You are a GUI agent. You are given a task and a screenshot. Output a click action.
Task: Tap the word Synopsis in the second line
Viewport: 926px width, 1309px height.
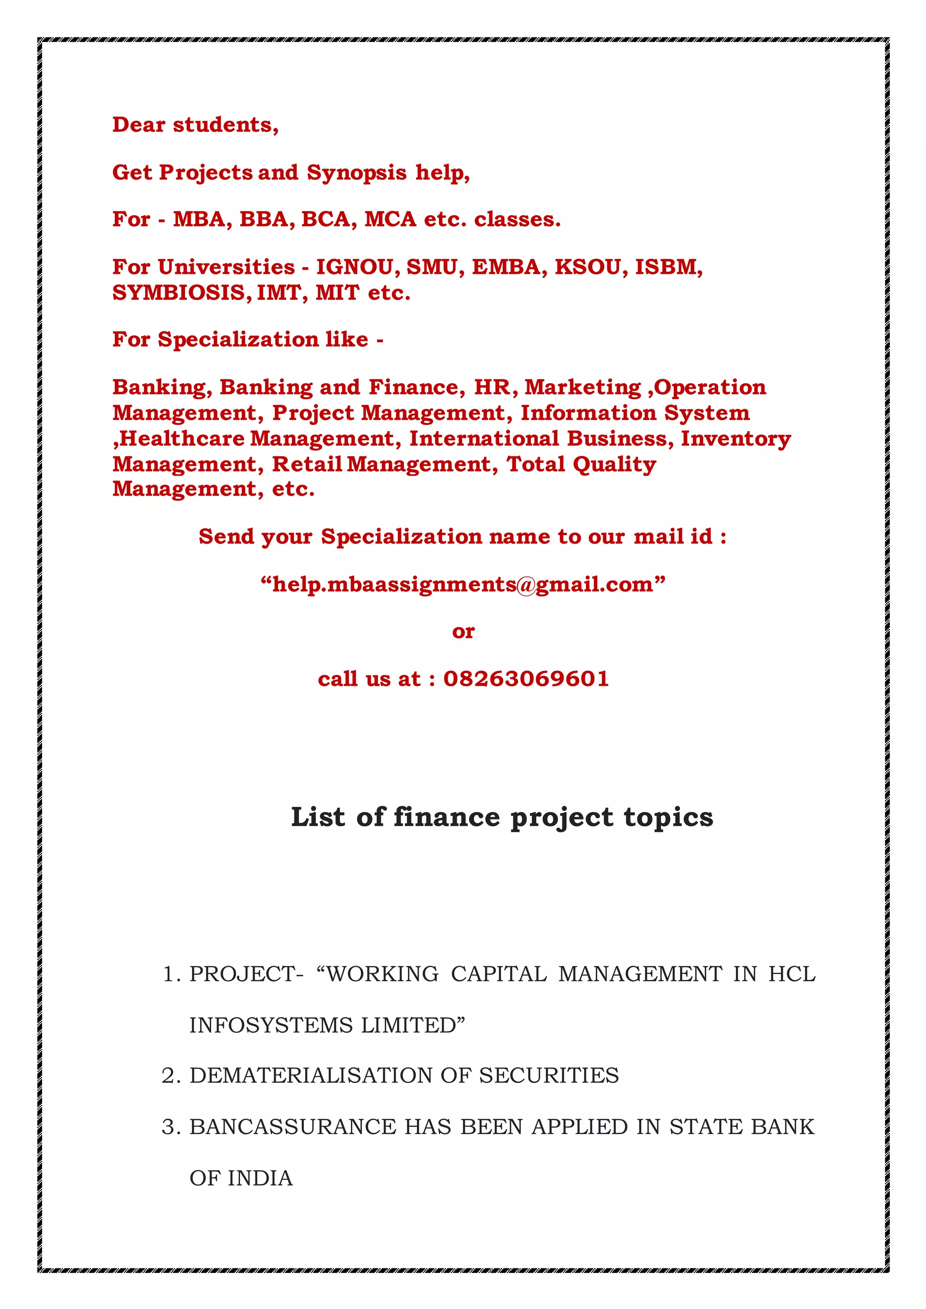pyautogui.click(x=356, y=173)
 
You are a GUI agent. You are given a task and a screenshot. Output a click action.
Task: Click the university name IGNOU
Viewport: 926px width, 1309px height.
pyautogui.click(x=354, y=267)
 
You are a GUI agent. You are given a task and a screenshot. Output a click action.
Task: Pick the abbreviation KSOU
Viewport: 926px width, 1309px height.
pyautogui.click(x=588, y=267)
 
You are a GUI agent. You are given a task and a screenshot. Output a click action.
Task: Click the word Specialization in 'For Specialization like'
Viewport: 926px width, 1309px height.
pyautogui.click(x=238, y=340)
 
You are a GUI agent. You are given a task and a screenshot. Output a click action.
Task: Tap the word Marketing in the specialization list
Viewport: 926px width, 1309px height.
pyautogui.click(x=583, y=387)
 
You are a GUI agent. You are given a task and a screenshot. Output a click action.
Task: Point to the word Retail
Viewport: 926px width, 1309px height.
pyautogui.click(x=307, y=464)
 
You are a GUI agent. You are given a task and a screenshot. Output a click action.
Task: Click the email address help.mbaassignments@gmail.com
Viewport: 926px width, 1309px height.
pyautogui.click(x=463, y=584)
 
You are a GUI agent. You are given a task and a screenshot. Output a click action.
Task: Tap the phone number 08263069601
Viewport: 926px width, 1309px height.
pyautogui.click(x=526, y=678)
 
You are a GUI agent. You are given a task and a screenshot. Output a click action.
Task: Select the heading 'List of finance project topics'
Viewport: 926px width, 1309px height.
pyautogui.click(x=502, y=817)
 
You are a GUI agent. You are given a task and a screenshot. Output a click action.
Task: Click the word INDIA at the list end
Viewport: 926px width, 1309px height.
pyautogui.click(x=260, y=1178)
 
